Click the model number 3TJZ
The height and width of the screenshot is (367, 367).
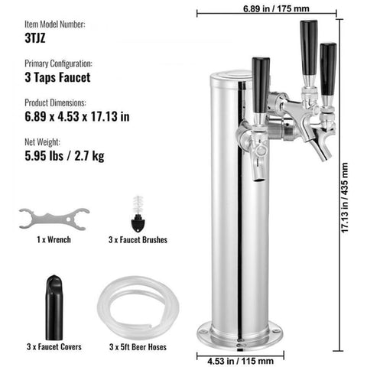[x=35, y=38]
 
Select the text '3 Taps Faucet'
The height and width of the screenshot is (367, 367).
[x=57, y=77]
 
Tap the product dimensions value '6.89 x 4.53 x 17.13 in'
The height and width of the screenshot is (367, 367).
[x=77, y=116]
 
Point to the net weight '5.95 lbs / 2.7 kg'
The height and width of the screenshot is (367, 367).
[x=64, y=156]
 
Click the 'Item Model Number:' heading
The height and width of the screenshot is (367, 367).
[x=55, y=24]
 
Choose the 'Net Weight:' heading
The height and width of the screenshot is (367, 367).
[x=42, y=142]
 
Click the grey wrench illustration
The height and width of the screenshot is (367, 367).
[x=54, y=219]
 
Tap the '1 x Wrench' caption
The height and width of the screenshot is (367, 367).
[x=54, y=239]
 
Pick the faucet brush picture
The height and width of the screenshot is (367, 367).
[x=138, y=214]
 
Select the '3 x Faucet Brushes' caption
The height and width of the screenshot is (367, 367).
[x=138, y=240]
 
